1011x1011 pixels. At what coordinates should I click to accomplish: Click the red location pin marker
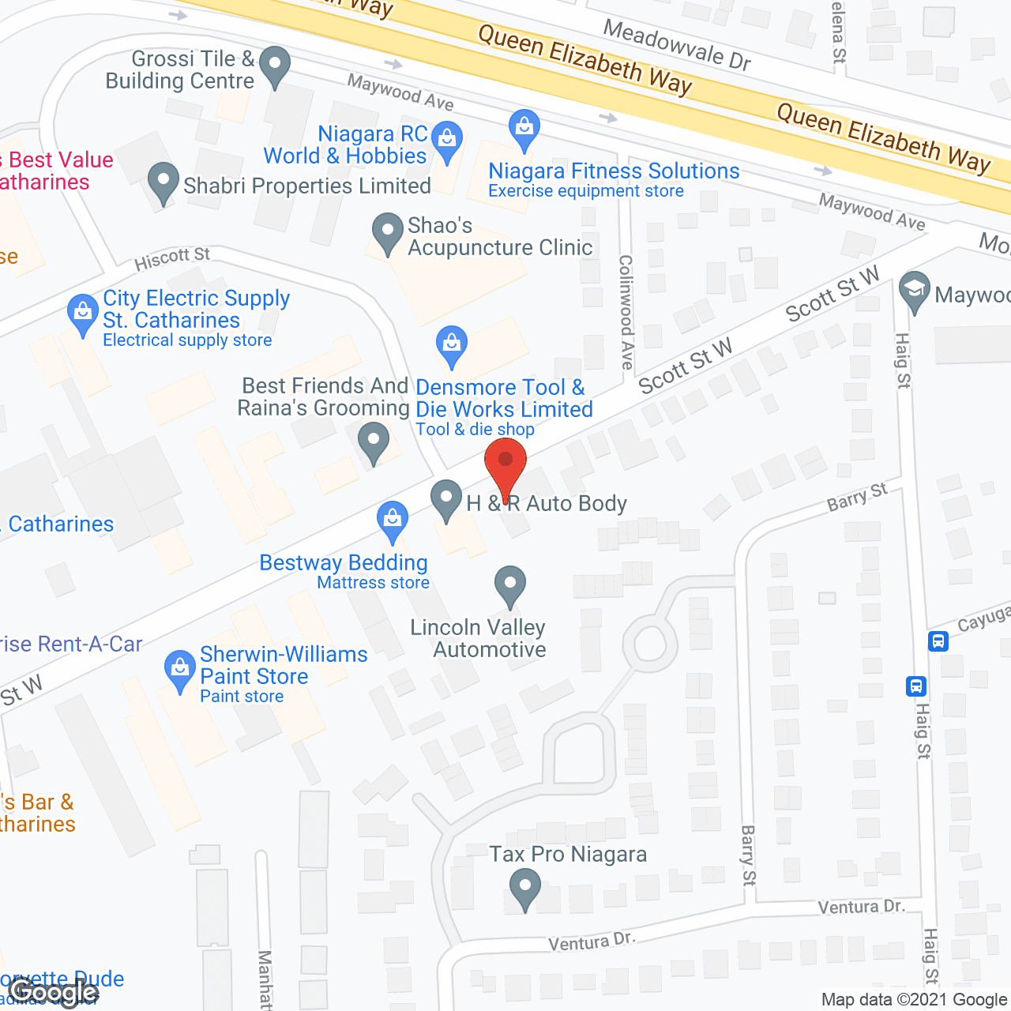point(505,466)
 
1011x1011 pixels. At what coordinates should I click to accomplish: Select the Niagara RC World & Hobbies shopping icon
point(447,140)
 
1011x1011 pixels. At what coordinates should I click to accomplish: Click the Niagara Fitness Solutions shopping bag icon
point(524,128)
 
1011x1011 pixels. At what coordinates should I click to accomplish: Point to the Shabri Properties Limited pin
point(163,182)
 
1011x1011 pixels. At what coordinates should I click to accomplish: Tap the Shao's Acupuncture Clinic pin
point(387,232)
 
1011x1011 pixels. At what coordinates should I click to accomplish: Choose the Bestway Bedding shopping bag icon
point(393,521)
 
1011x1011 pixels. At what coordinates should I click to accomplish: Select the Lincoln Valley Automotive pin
point(510,585)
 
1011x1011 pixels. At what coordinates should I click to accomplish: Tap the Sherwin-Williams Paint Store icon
point(180,670)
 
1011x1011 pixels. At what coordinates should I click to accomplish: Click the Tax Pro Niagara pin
point(524,888)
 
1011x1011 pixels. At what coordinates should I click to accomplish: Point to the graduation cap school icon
point(915,290)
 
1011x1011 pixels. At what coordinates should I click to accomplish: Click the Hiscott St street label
point(172,257)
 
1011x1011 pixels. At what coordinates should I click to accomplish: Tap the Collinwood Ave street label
point(626,311)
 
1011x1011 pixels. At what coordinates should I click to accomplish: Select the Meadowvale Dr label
point(677,44)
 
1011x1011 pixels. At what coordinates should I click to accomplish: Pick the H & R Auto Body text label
point(547,503)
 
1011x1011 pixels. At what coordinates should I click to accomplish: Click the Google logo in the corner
point(54,993)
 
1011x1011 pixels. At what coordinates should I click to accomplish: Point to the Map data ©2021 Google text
point(915,1000)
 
